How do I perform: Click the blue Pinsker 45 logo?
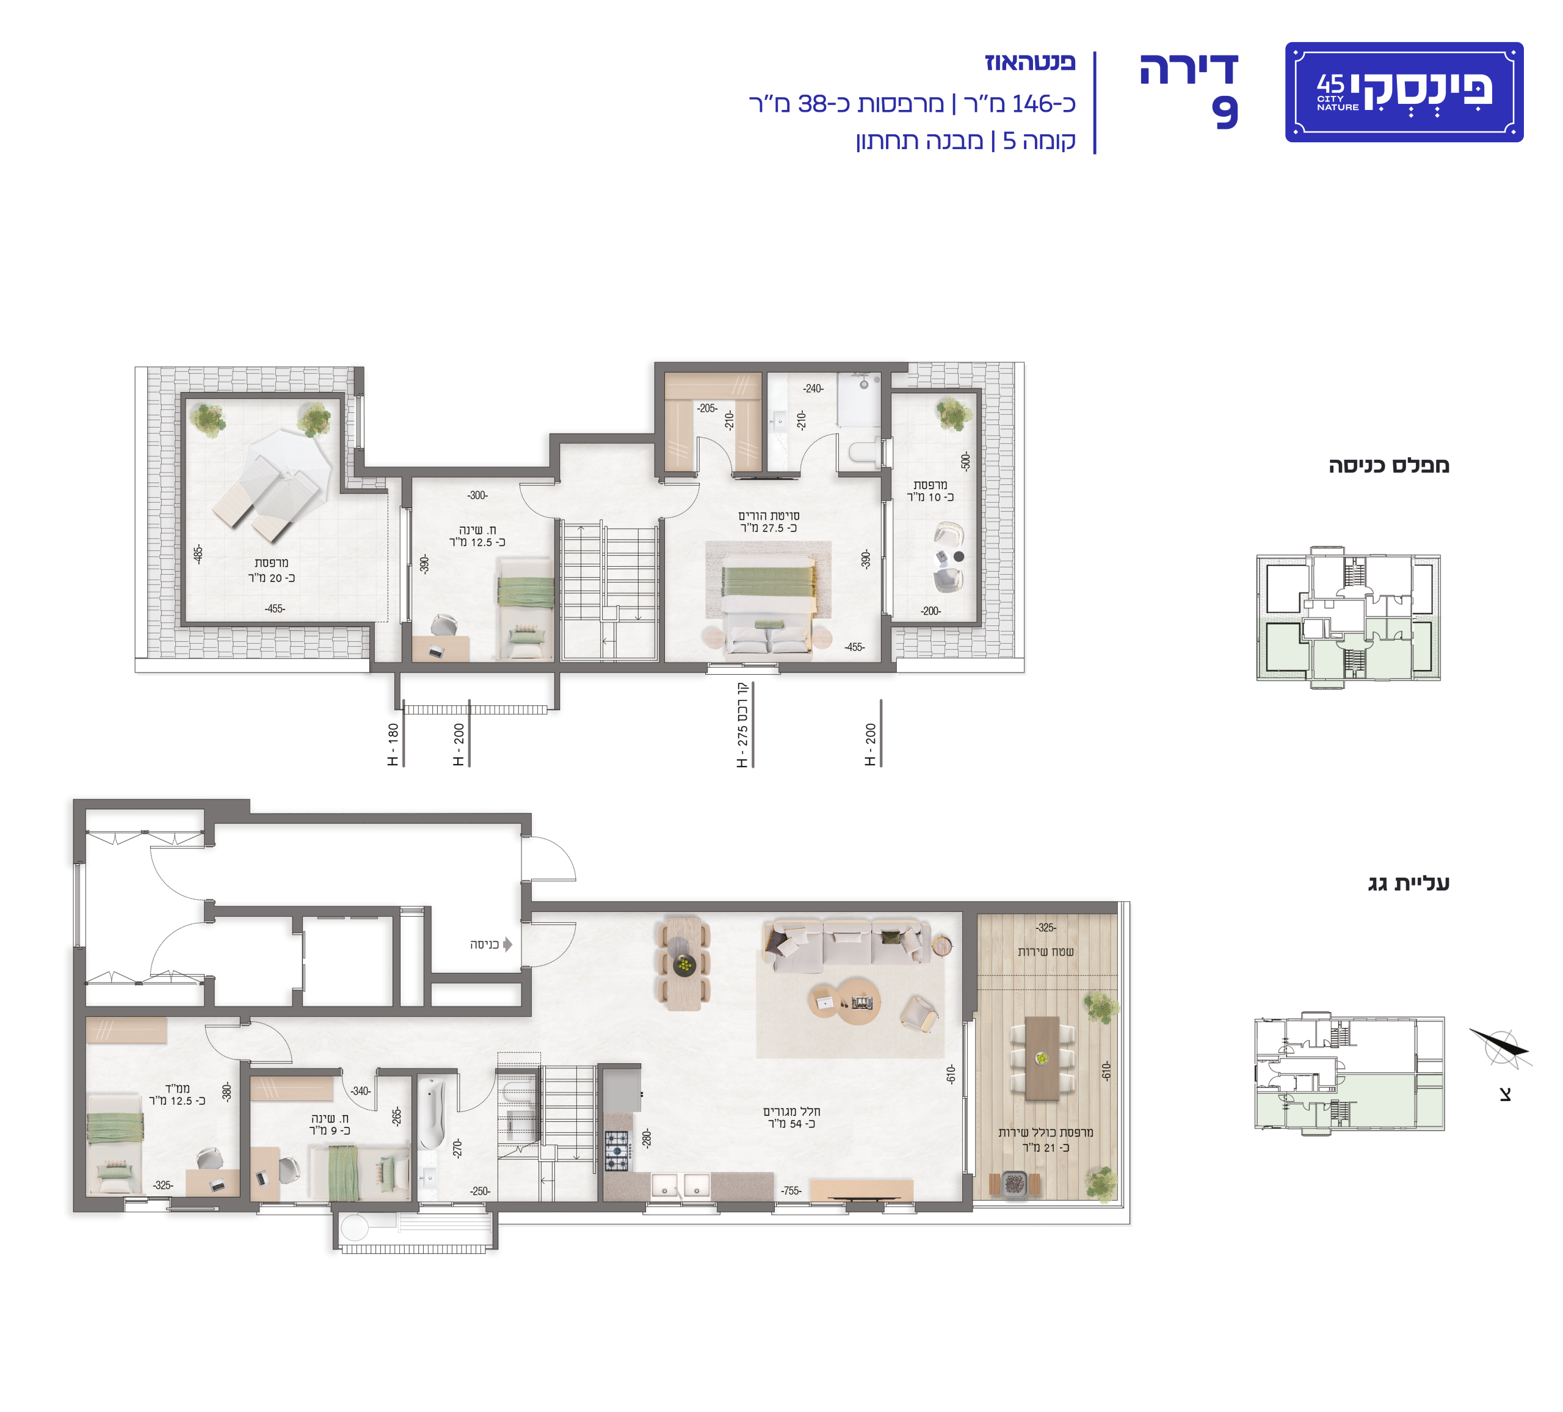(1404, 92)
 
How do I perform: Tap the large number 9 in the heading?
(1225, 112)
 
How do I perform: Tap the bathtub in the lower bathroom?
(432, 1113)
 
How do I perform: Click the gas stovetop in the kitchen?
(617, 1151)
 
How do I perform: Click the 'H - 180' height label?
(393, 745)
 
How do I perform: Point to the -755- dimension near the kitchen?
(791, 1190)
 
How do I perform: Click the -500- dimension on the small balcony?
(965, 460)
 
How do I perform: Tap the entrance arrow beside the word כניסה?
(508, 944)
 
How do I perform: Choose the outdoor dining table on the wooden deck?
(1042, 1058)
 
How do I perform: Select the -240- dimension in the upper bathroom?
(813, 388)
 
